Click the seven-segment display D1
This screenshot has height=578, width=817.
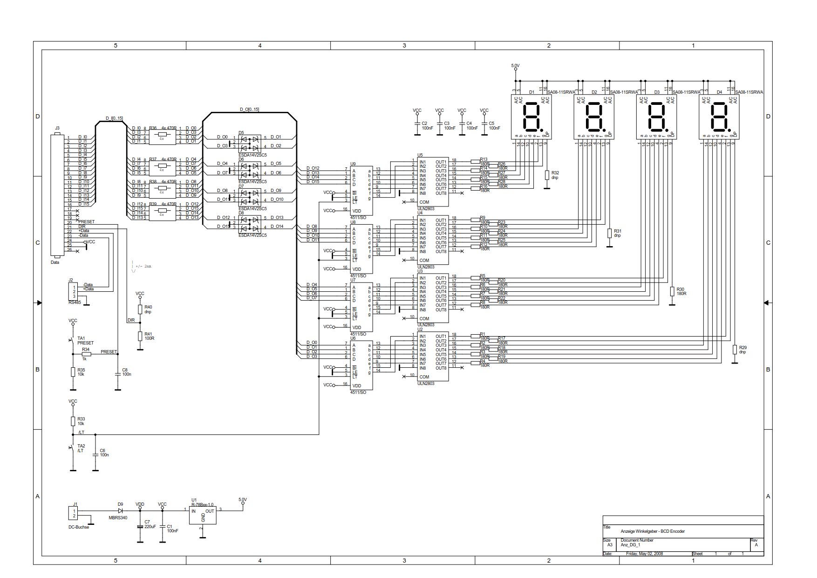531,117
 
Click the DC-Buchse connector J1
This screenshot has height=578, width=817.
74,514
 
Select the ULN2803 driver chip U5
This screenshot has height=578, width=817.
433,182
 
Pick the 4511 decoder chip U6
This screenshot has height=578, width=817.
361,365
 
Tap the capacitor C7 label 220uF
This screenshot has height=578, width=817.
150,526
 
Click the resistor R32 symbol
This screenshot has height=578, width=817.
547,175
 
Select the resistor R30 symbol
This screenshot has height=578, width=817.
672,291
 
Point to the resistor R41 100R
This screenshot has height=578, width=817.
140,336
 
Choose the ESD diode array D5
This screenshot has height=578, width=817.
250,142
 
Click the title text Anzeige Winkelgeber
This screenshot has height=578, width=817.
652,531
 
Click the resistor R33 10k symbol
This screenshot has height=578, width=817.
73,421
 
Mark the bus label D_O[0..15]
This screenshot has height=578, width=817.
249,110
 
